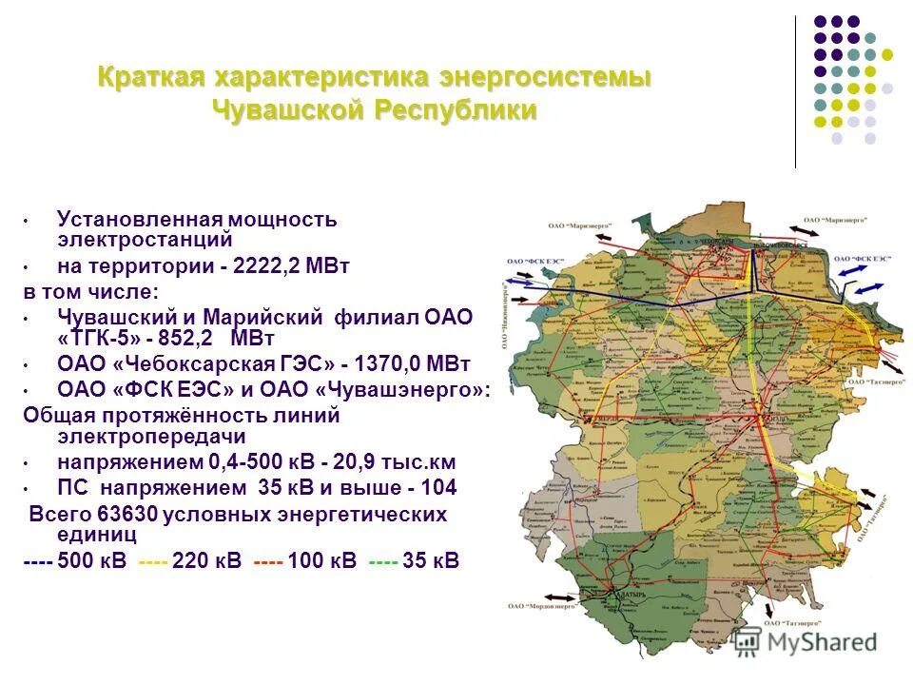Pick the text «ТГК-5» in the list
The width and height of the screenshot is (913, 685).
(x=100, y=339)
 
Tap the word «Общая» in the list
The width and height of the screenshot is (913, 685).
(x=55, y=415)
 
